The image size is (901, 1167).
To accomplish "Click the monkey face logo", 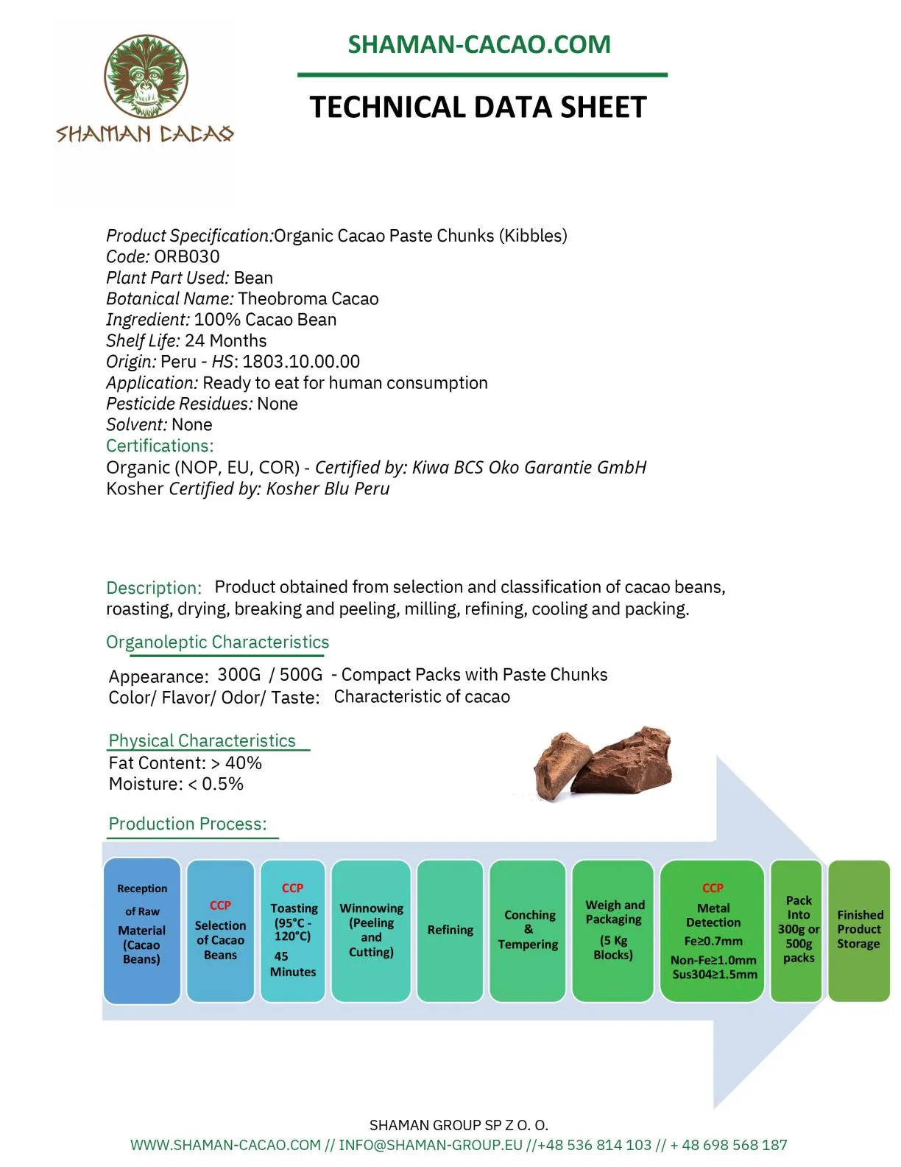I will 146,77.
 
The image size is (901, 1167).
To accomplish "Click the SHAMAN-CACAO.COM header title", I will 479,44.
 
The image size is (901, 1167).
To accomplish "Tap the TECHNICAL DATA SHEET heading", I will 478,108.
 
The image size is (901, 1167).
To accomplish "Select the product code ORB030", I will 186,256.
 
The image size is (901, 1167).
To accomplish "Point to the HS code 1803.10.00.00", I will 301,362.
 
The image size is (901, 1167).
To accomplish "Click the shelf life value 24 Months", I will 225,340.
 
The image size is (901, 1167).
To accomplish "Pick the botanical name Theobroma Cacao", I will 308,298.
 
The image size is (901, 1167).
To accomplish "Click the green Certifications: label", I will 160,446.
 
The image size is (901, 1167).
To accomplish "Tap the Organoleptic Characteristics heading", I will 217,642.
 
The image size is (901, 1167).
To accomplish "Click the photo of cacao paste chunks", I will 602,763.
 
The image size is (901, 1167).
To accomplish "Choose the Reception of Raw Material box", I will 142,930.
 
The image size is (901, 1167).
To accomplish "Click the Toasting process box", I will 293,930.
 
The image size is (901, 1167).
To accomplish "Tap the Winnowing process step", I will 371,930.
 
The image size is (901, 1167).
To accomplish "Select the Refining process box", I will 450,930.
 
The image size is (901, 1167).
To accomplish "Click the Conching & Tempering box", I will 528,930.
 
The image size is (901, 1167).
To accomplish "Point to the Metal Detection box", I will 713,930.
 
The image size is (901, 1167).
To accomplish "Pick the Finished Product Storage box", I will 858,930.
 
